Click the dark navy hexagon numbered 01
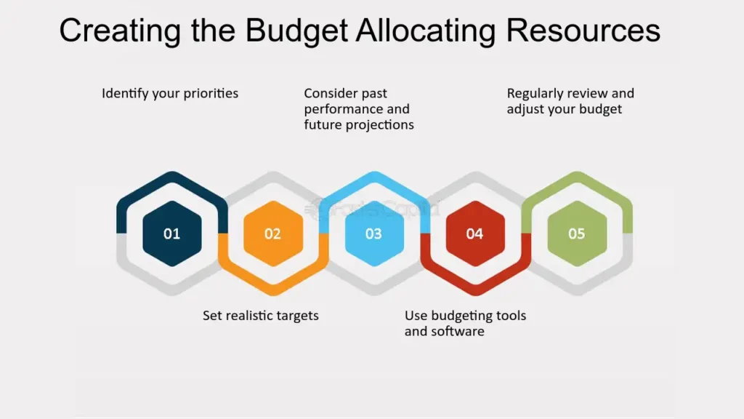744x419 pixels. pyautogui.click(x=171, y=234)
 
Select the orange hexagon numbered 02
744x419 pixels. pyautogui.click(x=273, y=234)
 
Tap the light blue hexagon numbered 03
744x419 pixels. pyautogui.click(x=374, y=234)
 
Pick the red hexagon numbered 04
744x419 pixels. pyautogui.click(x=475, y=234)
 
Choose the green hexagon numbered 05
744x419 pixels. pyautogui.click(x=576, y=234)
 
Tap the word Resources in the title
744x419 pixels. pyautogui.click(x=583, y=31)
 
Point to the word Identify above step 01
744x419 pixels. pyautogui.click(x=125, y=94)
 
